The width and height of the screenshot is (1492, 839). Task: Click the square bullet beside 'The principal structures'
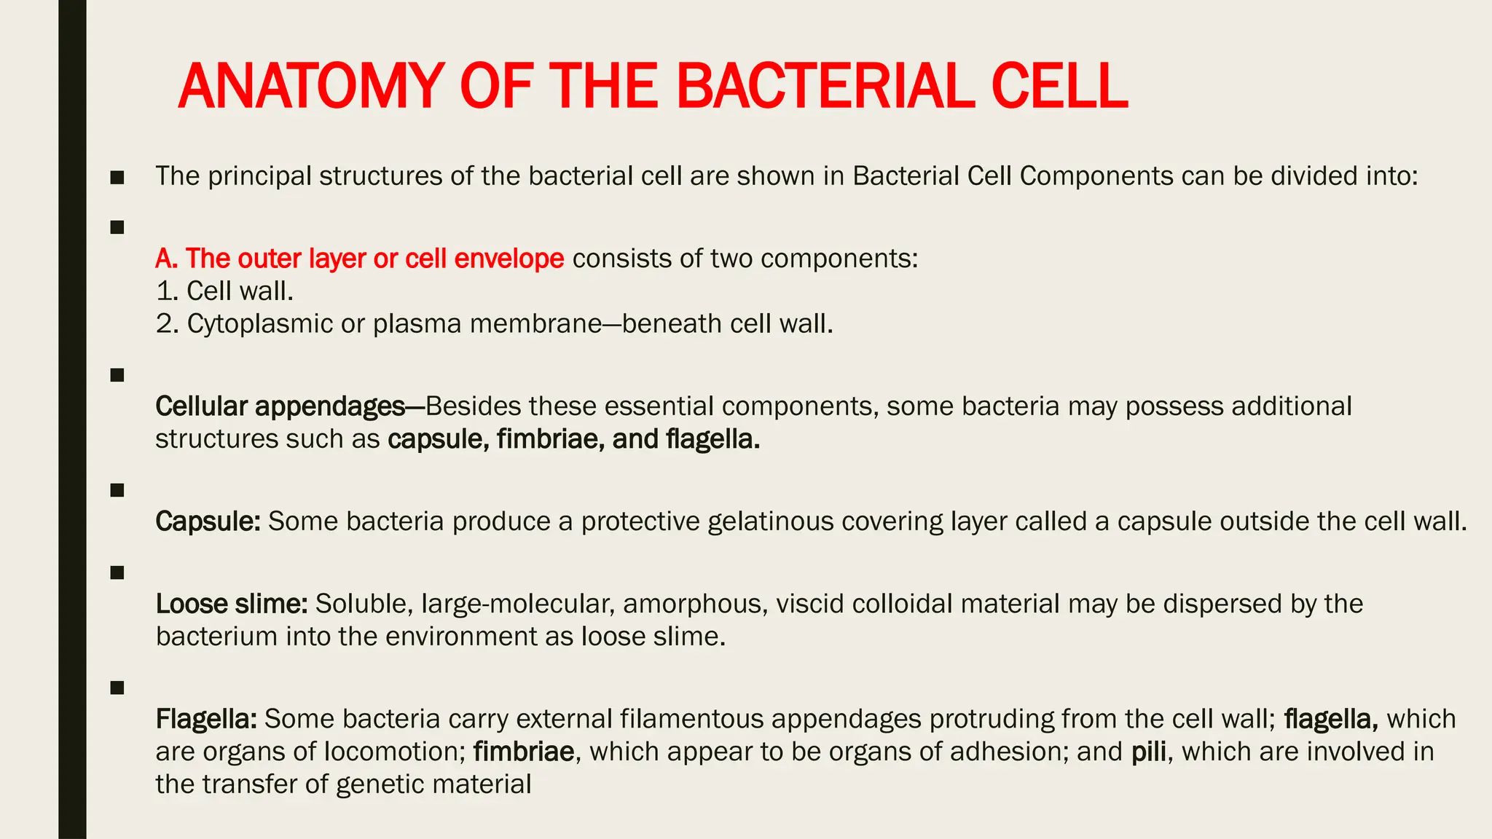click(x=117, y=177)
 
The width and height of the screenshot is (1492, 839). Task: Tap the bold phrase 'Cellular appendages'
click(x=280, y=406)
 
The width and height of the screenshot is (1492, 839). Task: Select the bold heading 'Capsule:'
click(x=208, y=521)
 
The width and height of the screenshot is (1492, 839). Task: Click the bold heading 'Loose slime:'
click(x=232, y=604)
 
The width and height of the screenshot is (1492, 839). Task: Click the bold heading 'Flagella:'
click(x=205, y=719)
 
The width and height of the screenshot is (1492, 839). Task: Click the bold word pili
click(x=1149, y=752)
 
